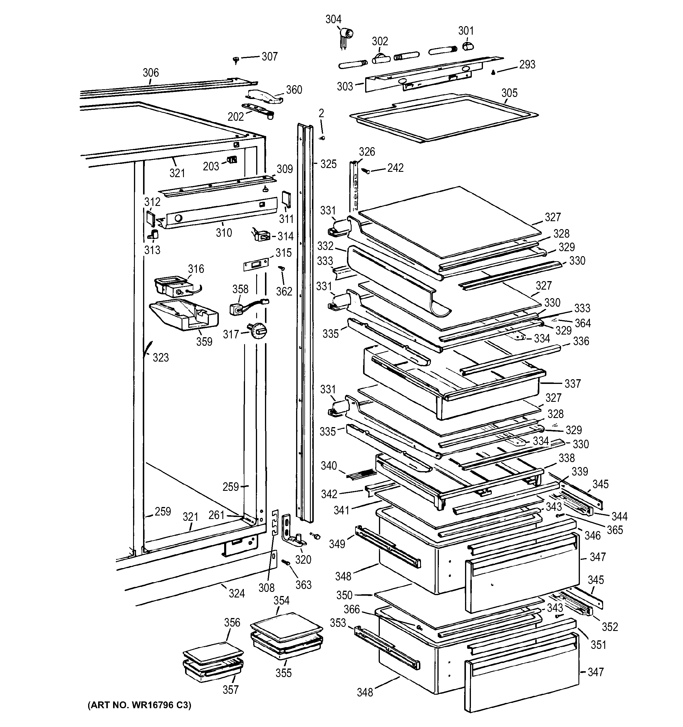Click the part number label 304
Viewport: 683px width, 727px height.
point(333,19)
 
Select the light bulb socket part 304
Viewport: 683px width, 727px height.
point(345,35)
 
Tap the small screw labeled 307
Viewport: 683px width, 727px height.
point(236,59)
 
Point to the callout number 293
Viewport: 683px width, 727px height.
point(527,64)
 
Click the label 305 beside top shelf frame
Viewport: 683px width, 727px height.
point(509,93)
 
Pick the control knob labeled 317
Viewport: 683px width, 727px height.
point(258,331)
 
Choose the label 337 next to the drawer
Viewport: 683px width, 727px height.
point(572,384)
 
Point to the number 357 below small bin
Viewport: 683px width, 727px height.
point(230,690)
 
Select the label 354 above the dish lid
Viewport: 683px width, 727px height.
point(281,600)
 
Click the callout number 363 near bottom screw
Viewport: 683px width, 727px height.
point(303,585)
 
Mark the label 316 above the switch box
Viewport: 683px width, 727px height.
point(196,269)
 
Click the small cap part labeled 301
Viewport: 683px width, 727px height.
point(468,46)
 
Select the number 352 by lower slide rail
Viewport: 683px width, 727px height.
point(610,627)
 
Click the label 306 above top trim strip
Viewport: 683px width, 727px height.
point(150,73)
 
